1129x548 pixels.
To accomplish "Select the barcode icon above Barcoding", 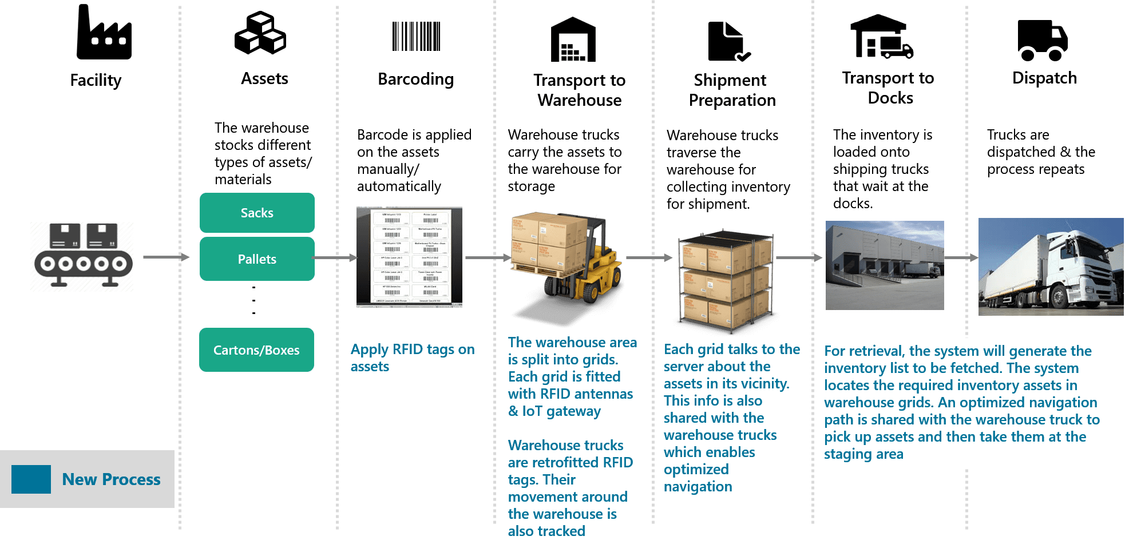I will pyautogui.click(x=416, y=37).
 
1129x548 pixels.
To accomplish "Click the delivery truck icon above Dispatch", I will pyautogui.click(x=1043, y=40).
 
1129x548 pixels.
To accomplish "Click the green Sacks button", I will pyautogui.click(x=257, y=213).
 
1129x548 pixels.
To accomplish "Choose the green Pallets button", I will pyautogui.click(x=257, y=259).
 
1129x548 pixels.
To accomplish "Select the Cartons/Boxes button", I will pyautogui.click(x=256, y=350).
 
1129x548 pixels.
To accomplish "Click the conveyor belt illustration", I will pyautogui.click(x=82, y=257).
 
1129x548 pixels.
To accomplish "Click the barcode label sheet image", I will pyautogui.click(x=409, y=257).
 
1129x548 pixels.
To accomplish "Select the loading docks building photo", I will pyautogui.click(x=885, y=265).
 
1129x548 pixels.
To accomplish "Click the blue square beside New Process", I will pyautogui.click(x=31, y=479).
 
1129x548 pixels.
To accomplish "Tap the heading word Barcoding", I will pyautogui.click(x=415, y=79).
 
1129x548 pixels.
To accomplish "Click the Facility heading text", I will pyautogui.click(x=96, y=80).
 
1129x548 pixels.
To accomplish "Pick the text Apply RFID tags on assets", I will pyautogui.click(x=412, y=358).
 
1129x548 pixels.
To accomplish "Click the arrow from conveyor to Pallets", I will pyautogui.click(x=166, y=257).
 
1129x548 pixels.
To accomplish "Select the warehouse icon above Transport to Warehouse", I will pyautogui.click(x=573, y=39).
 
